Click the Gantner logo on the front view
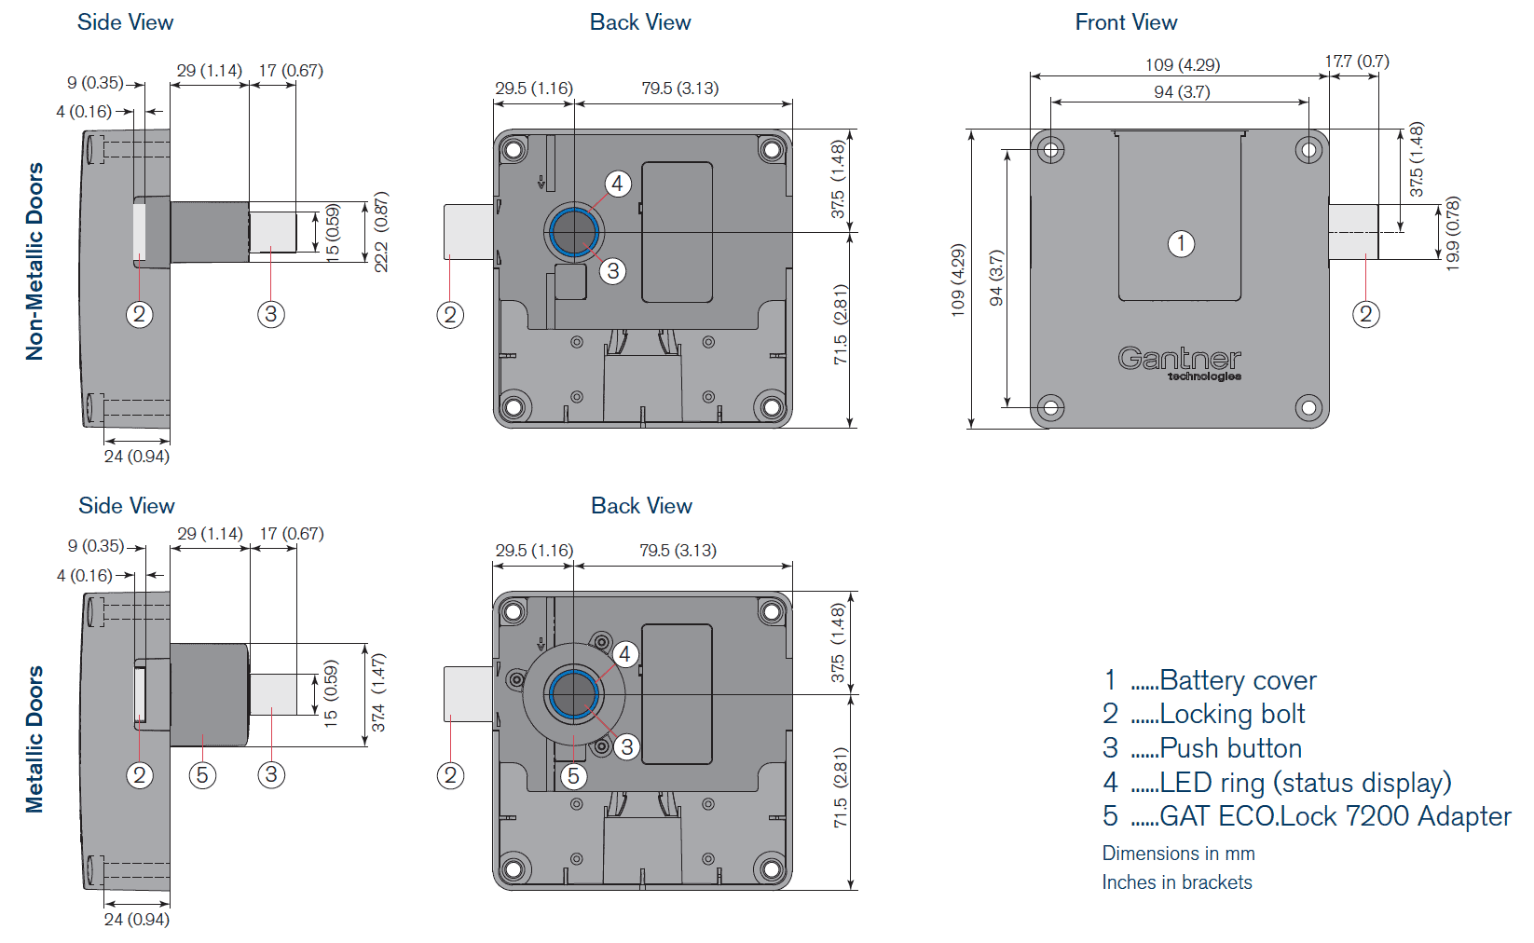click(x=1179, y=362)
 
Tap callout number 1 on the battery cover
click(x=1181, y=244)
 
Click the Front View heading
click(x=1126, y=22)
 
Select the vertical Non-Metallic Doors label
click(x=35, y=262)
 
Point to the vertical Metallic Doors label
click(x=35, y=739)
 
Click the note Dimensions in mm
click(x=1178, y=854)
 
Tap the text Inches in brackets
click(x=1177, y=882)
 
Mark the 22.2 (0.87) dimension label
click(x=380, y=232)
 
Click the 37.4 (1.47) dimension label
click(x=378, y=691)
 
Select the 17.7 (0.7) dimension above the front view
click(x=1357, y=61)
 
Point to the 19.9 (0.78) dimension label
click(x=1452, y=234)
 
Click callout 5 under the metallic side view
click(x=202, y=775)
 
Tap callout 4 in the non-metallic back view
click(x=617, y=184)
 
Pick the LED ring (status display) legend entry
click(x=1305, y=783)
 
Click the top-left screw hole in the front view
click(x=1051, y=149)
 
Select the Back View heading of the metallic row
click(x=641, y=506)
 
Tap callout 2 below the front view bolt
click(x=1365, y=315)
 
